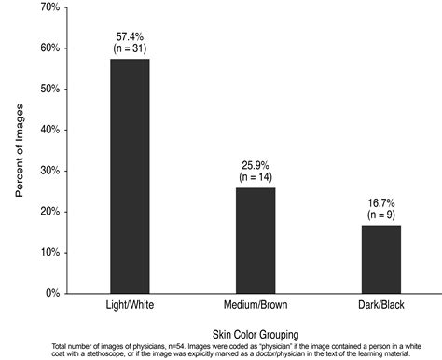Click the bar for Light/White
pos(130,176)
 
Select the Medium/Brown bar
pos(255,241)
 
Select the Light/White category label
pos(130,306)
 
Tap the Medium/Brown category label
pos(255,306)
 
